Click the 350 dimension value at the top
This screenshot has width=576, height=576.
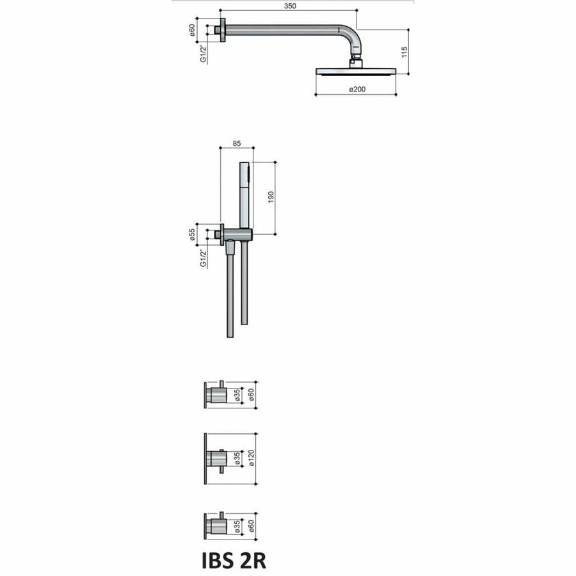(287, 5)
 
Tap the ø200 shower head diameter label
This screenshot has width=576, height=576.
(356, 89)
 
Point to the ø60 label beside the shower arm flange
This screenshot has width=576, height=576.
(193, 29)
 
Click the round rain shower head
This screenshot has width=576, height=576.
(356, 71)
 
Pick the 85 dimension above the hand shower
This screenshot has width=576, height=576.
(236, 144)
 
